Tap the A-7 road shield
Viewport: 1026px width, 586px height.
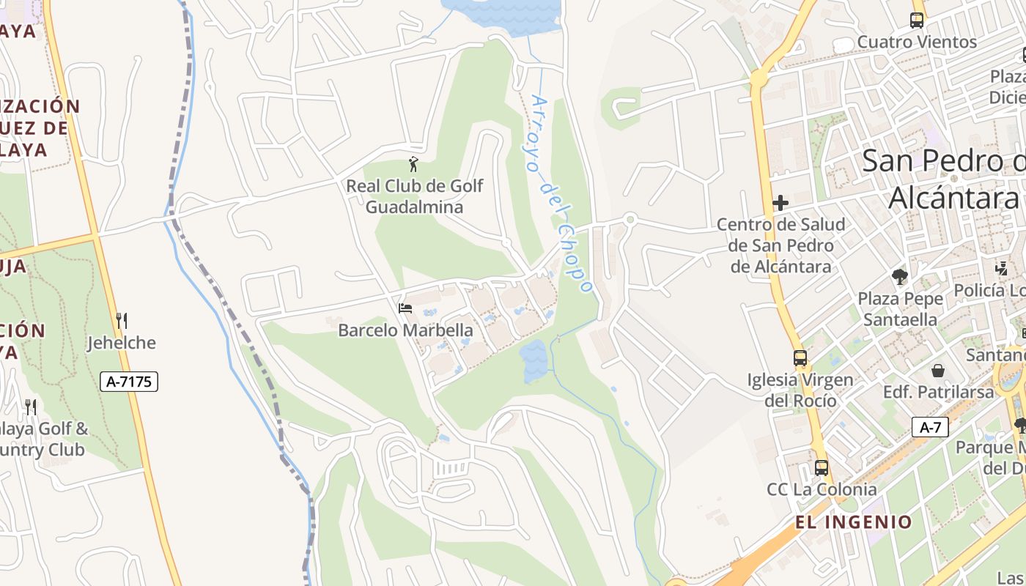pos(930,428)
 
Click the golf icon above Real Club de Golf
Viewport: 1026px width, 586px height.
pos(414,165)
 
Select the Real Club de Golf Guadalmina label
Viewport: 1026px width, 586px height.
pos(414,196)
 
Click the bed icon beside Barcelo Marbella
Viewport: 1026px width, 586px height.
pos(405,308)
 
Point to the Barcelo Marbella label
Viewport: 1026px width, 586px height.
pos(405,331)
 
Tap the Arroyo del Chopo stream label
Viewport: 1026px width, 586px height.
pos(561,194)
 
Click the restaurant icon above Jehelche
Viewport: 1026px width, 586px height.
pos(122,320)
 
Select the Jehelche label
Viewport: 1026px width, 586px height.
pos(122,343)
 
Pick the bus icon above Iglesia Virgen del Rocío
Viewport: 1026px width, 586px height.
pos(800,358)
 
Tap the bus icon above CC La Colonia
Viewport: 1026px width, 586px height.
pos(822,467)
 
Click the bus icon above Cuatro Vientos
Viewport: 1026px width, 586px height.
pos(917,20)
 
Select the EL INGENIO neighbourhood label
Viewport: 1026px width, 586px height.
pos(854,522)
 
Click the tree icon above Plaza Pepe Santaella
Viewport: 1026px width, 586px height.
pos(900,277)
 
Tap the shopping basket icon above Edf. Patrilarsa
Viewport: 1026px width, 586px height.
pos(938,371)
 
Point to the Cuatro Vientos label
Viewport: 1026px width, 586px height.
pos(917,42)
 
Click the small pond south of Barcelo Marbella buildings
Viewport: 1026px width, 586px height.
pos(533,360)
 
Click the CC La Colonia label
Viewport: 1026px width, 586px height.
pos(822,489)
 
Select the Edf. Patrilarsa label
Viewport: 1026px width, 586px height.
pos(938,392)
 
